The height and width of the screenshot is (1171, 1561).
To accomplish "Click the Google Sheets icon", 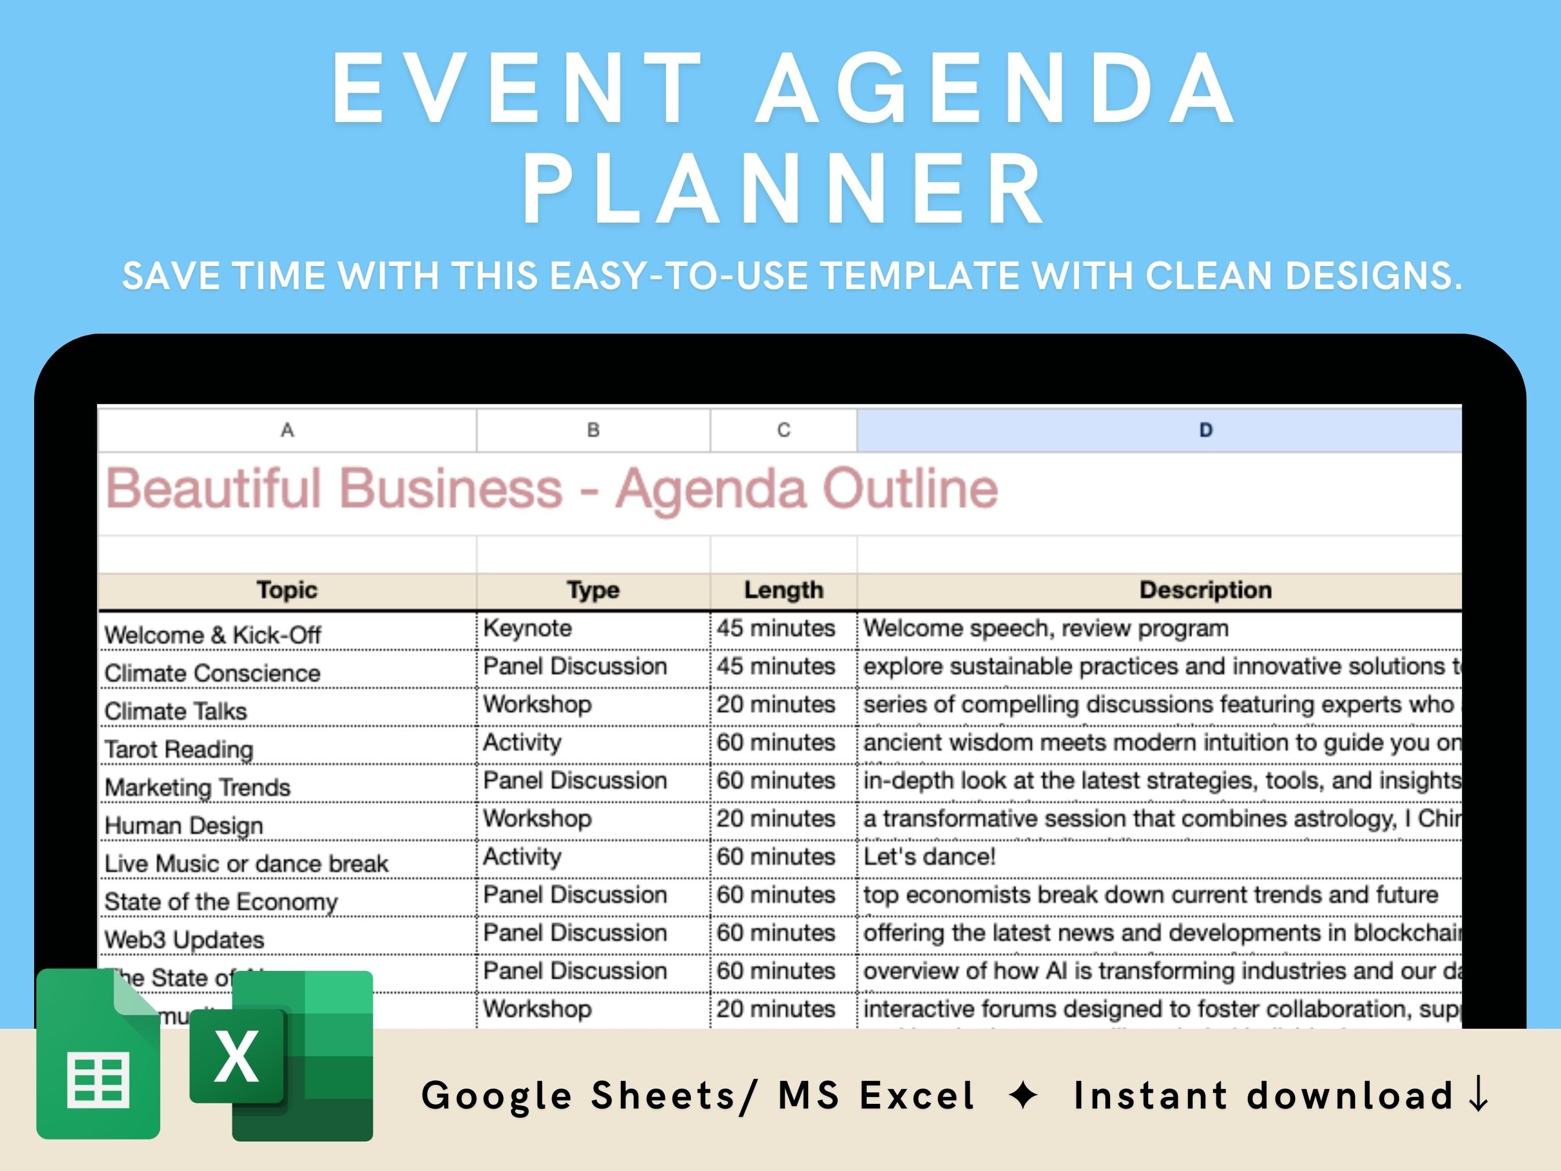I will (x=98, y=1055).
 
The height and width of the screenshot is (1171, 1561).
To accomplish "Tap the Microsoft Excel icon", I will (x=282, y=1056).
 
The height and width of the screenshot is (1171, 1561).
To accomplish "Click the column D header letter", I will (x=1205, y=430).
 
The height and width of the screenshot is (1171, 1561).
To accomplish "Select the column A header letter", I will (x=287, y=430).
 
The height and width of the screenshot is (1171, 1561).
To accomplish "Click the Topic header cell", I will (x=287, y=590).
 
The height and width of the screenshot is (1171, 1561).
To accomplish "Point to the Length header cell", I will (x=783, y=590).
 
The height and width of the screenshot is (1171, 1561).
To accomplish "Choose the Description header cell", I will (x=1205, y=590).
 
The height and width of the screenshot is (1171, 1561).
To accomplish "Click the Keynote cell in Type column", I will (x=527, y=628).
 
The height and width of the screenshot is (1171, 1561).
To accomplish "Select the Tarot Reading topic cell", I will (x=179, y=749).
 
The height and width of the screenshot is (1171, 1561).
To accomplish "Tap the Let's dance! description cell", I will (x=930, y=857).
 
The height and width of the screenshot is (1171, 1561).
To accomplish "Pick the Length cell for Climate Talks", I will (x=775, y=704).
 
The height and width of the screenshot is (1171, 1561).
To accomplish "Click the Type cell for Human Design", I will (x=537, y=819).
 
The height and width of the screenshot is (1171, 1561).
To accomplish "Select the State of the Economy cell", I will (x=221, y=902).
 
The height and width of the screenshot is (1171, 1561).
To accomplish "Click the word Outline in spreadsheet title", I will (x=911, y=489).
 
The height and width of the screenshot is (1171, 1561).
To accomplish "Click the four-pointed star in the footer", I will (x=1023, y=1095).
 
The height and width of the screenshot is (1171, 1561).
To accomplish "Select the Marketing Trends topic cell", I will (x=198, y=787).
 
